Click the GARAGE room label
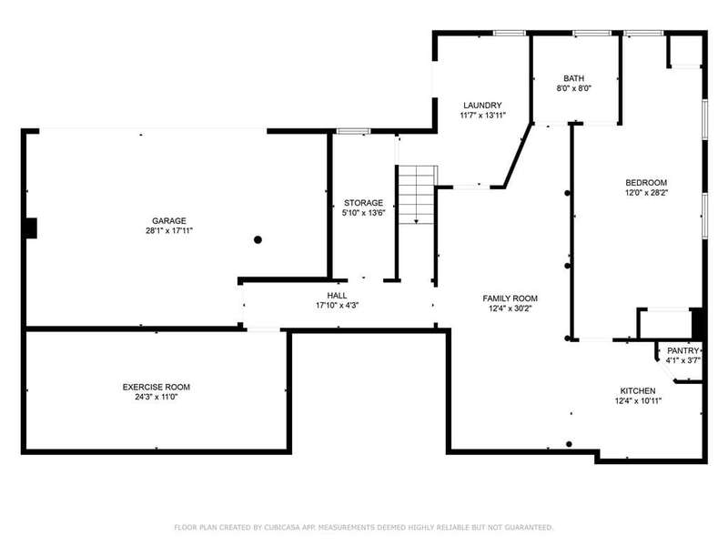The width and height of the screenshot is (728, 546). pos(169,221)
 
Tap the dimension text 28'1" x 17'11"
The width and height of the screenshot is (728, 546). pos(169,231)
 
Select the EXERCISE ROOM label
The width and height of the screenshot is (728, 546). pos(156,388)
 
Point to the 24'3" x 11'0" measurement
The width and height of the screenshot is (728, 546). pos(156,397)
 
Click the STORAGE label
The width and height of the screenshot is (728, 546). pos(363,203)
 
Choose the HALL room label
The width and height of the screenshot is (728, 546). pos(337,296)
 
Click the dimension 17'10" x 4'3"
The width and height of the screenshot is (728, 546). pos(337,306)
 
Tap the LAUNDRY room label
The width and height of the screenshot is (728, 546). pos(482,106)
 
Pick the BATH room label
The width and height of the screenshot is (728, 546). pos(574,78)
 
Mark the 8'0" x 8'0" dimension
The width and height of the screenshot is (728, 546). pos(574,88)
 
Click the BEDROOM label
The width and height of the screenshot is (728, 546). pos(646,183)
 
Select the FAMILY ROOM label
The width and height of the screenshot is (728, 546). pos(510,298)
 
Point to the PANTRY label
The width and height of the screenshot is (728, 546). pos(683,350)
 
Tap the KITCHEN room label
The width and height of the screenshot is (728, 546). pos(638,391)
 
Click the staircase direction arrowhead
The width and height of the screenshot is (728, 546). pos(417,221)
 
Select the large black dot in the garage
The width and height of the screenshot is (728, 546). pos(258,239)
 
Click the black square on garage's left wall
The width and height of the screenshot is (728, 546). pos(31,228)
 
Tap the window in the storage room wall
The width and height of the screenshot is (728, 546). pos(353,131)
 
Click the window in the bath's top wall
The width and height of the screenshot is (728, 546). pos(591,33)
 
